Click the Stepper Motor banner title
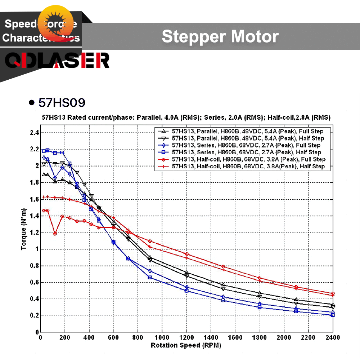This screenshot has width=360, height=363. coord(220,37)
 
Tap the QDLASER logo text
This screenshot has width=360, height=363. coord(57,61)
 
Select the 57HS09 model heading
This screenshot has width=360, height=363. coord(62,103)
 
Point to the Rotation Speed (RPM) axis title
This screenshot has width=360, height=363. coord(186,345)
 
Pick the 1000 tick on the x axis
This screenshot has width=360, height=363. coord(162,337)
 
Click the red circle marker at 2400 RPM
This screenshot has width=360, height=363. coord(333,294)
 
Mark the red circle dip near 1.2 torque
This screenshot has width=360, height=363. coord(55,234)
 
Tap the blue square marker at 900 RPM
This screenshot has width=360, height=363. coord(150,277)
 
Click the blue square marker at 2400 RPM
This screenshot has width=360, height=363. coord(333,315)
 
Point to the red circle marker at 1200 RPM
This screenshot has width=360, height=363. coord(186,254)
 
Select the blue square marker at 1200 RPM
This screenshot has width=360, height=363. coord(186,290)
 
